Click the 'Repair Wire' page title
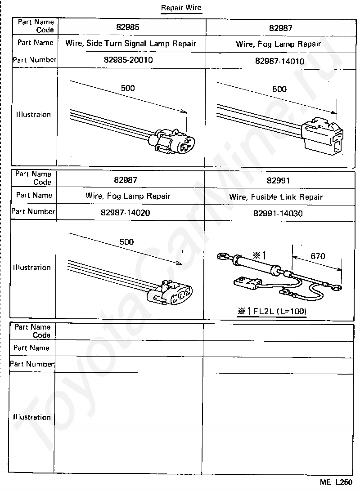[181, 8]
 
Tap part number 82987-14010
[279, 61]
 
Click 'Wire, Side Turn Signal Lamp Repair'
[130, 44]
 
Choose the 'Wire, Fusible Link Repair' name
[276, 196]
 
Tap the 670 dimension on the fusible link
[317, 256]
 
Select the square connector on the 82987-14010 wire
[323, 135]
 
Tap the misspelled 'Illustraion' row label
[33, 114]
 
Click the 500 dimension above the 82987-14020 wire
[126, 241]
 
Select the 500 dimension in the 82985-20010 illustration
[128, 88]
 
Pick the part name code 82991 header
[278, 181]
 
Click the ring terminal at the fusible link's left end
[220, 256]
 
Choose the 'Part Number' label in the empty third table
[32, 364]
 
